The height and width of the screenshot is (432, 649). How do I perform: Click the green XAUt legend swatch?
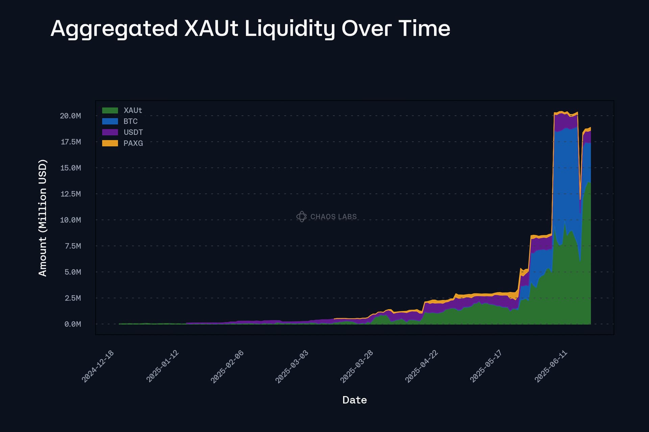pyautogui.click(x=110, y=110)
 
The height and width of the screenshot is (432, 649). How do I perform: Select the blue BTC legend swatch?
pyautogui.click(x=110, y=121)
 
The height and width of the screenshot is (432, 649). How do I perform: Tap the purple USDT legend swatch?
pyautogui.click(x=110, y=132)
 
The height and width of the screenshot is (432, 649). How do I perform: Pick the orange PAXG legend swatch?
pyautogui.click(x=110, y=143)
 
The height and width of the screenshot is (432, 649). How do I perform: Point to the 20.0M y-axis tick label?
pyautogui.click(x=70, y=116)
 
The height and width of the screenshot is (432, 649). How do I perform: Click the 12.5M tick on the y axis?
pyautogui.click(x=70, y=194)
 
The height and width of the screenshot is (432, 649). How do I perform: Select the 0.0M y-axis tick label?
pyautogui.click(x=72, y=324)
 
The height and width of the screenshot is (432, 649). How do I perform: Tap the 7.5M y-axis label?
pyautogui.click(x=72, y=246)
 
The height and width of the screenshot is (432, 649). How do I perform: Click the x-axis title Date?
pyautogui.click(x=354, y=400)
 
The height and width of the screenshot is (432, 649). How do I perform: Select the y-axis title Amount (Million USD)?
pyautogui.click(x=43, y=218)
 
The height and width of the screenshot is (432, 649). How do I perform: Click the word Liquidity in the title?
pyautogui.click(x=289, y=28)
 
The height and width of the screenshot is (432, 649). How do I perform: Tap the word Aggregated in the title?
pyautogui.click(x=114, y=28)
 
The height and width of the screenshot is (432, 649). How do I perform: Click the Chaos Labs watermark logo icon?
pyautogui.click(x=301, y=217)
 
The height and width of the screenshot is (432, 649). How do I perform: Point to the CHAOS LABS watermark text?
pyautogui.click(x=333, y=217)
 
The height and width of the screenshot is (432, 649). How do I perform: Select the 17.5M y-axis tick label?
pyautogui.click(x=70, y=142)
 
